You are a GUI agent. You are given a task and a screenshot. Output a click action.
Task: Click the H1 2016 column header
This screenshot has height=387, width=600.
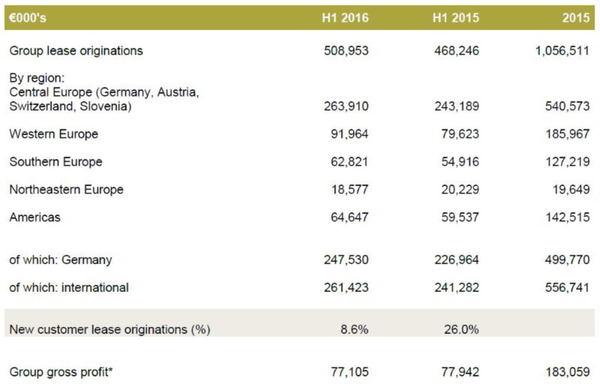[x=345, y=18]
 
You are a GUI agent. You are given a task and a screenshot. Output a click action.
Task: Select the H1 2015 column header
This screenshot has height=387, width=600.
[x=455, y=18]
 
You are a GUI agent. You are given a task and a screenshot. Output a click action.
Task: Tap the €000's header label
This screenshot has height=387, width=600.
[x=28, y=18]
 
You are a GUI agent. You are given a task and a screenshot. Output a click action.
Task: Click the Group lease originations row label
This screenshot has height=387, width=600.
[x=76, y=51]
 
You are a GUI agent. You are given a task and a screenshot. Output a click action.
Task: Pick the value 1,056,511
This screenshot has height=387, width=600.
[x=562, y=51]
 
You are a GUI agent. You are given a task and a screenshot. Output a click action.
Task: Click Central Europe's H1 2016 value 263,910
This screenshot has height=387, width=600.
[x=346, y=106]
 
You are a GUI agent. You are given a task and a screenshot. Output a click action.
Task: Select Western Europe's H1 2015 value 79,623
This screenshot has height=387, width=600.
[x=460, y=134]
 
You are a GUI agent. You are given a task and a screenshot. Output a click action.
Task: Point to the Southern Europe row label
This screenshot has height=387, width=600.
[x=56, y=162]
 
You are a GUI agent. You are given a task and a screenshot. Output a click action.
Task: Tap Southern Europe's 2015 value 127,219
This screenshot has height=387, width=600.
[x=567, y=162]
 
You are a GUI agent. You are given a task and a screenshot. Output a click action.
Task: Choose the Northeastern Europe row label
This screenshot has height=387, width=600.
[x=66, y=190]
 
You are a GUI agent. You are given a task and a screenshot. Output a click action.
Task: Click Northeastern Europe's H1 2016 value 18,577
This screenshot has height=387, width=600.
[x=350, y=190]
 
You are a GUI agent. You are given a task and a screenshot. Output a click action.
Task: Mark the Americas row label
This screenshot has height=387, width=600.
[x=35, y=217]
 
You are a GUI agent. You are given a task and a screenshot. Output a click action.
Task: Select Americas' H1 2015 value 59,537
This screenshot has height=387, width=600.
[x=460, y=217]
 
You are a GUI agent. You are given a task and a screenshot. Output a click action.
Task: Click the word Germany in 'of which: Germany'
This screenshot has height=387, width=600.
[x=86, y=260]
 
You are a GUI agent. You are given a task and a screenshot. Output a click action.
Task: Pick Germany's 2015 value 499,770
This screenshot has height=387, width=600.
[x=567, y=260]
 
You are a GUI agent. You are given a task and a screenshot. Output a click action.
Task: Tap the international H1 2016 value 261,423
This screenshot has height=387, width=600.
[x=346, y=287]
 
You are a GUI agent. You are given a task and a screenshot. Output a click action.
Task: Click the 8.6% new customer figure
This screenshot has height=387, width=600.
[x=354, y=329]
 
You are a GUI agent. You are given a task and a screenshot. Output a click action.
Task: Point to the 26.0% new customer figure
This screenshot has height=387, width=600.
[x=461, y=329]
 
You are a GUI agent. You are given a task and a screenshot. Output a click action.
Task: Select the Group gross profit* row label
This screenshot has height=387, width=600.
[x=61, y=372]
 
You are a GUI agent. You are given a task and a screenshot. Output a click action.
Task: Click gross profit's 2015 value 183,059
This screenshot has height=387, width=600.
[x=567, y=372]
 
